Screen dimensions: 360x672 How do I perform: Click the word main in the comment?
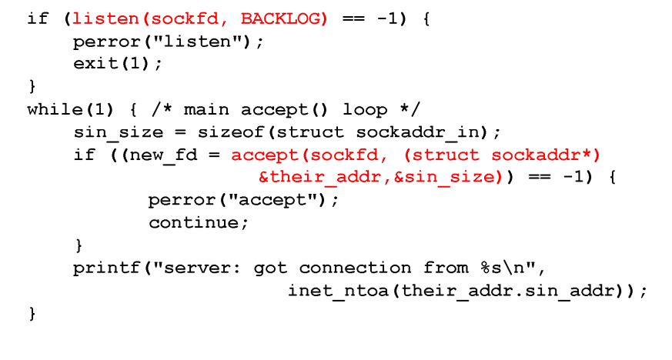tap(206, 109)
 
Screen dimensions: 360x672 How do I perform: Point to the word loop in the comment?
tap(365, 109)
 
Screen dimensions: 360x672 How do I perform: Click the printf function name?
tap(100, 268)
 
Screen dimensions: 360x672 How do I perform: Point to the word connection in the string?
tap(355, 268)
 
